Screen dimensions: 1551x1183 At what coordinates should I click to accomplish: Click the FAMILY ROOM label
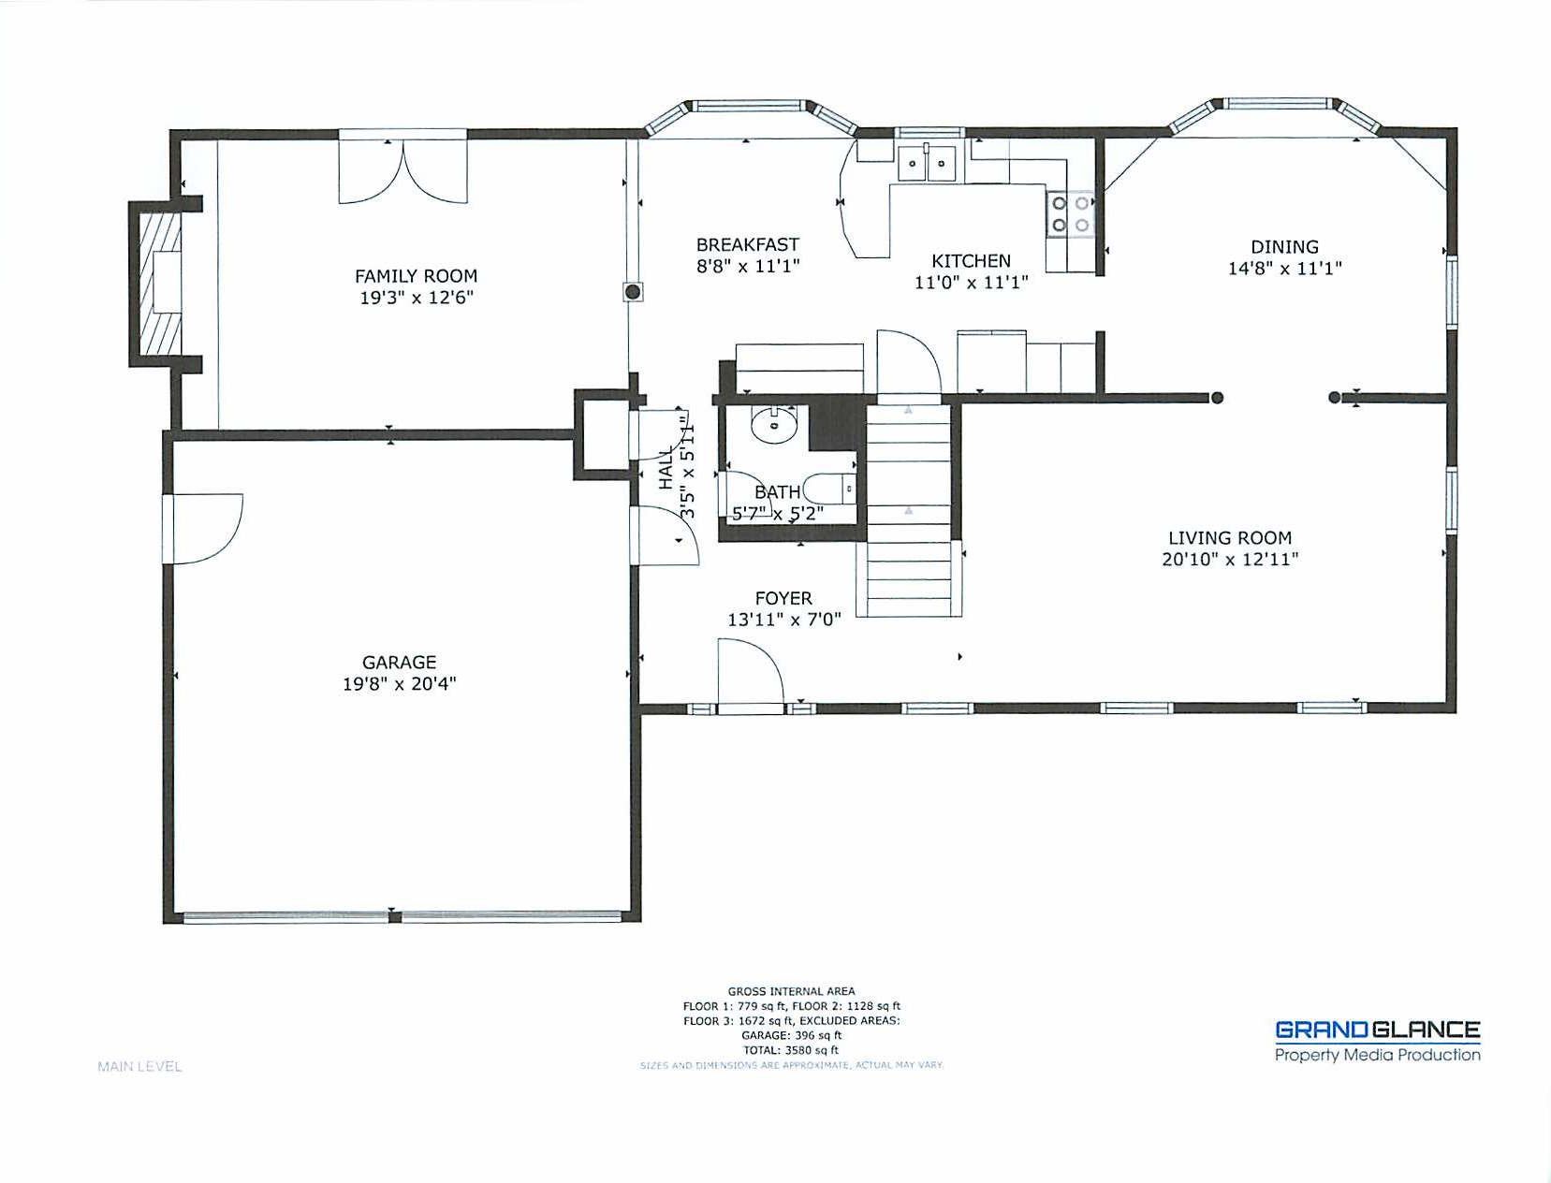pos(416,275)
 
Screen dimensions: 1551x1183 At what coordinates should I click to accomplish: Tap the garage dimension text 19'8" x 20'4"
pos(400,683)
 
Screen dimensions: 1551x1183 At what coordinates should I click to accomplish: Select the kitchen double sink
pos(927,163)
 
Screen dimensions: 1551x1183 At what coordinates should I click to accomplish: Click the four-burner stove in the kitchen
pos(1070,214)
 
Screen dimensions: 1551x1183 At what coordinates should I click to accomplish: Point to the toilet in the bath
pos(831,488)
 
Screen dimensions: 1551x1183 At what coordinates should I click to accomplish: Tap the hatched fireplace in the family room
pos(160,284)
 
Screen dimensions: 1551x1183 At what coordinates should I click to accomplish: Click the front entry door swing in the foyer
pos(750,671)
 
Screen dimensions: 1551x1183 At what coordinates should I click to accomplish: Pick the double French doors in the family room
pos(402,169)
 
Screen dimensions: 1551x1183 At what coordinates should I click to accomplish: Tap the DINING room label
pos(1284,246)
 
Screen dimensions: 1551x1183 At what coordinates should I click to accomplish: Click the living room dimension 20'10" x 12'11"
pos(1230,560)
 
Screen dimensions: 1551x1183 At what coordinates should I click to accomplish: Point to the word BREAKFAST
pos(748,244)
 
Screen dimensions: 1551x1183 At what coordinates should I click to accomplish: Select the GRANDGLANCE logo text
pos(1377,1030)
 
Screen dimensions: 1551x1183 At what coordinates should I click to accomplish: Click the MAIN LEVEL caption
pos(139,1066)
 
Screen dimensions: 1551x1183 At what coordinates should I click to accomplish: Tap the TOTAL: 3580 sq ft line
pos(791,1050)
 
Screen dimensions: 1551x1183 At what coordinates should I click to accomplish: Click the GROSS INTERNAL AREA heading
pos(791,991)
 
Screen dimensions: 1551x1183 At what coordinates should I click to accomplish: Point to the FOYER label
pos(783,598)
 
